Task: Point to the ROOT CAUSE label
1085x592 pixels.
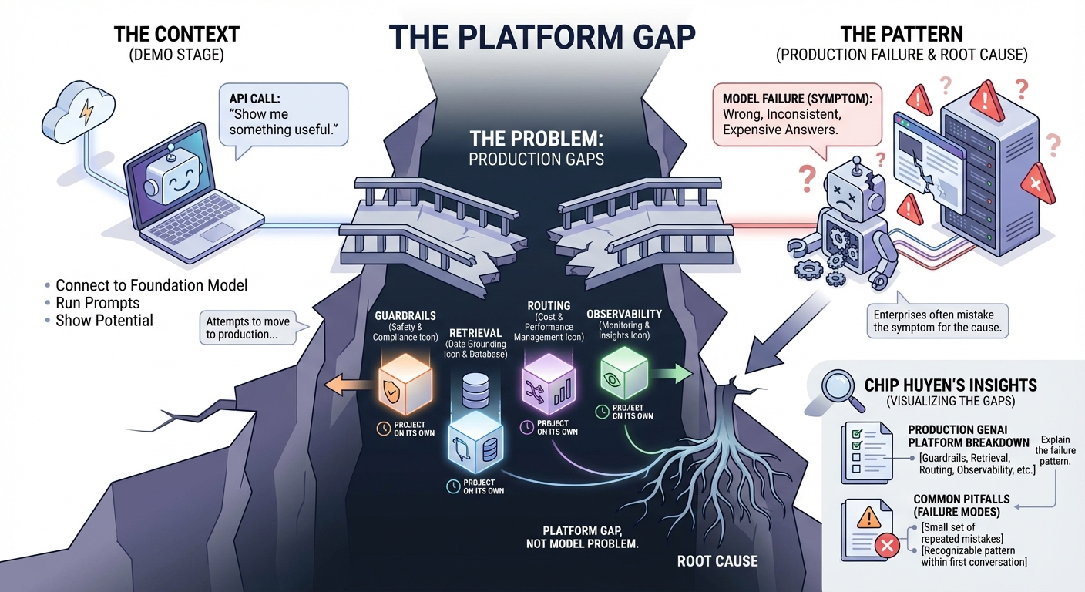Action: click(717, 560)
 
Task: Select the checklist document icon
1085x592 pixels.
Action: click(862, 452)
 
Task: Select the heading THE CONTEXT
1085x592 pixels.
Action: click(176, 34)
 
